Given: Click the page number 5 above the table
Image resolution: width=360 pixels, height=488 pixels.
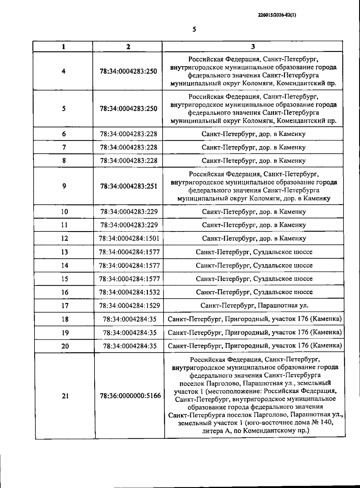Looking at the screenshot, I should click(x=194, y=29).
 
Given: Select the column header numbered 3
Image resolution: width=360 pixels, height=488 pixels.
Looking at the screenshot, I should click(x=253, y=47).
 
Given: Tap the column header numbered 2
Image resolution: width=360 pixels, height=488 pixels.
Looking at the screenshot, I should click(x=128, y=47).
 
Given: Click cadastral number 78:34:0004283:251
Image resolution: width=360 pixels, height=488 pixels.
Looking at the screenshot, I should click(x=128, y=186).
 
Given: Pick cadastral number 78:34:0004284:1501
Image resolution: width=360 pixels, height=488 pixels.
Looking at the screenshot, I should click(x=129, y=239).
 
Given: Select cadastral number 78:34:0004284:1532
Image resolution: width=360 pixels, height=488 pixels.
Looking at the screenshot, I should click(x=129, y=292).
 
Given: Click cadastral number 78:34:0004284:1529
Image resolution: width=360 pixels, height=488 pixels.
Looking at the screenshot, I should click(x=129, y=306).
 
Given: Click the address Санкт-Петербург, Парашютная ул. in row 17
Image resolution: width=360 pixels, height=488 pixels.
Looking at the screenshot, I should click(x=254, y=306).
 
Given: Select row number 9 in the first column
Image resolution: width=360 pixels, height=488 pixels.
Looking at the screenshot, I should click(x=64, y=186).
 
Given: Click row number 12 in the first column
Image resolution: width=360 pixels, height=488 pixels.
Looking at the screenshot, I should click(x=64, y=239).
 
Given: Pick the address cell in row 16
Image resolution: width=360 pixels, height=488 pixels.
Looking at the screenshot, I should click(x=254, y=292).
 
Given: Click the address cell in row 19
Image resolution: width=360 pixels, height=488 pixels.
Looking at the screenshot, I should click(x=254, y=333).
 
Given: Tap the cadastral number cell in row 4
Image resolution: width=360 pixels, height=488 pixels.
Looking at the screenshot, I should click(x=128, y=71).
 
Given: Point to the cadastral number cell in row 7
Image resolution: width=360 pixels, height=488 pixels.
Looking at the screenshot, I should click(x=128, y=147).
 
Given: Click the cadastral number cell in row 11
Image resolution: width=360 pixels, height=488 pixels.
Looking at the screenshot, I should click(x=129, y=225).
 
